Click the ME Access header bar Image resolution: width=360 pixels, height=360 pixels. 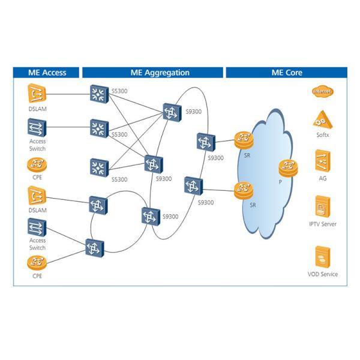tap(47, 73)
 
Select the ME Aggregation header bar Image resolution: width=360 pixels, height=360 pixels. tap(153, 73)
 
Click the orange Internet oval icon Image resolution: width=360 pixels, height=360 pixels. tap(323, 91)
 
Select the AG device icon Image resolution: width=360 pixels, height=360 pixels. tap(323, 162)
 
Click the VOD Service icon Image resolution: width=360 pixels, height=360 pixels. tap(323, 257)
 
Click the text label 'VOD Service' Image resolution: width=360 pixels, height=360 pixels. tap(323, 274)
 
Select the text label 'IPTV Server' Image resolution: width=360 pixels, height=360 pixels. tap(323, 224)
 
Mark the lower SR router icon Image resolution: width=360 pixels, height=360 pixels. tap(244, 191)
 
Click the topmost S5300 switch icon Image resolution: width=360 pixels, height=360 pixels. tap(98, 93)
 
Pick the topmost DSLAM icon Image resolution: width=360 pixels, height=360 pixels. tap(37, 93)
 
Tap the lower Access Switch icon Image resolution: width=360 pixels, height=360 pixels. tap(37, 228)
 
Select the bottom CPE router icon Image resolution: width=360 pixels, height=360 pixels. tap(37, 262)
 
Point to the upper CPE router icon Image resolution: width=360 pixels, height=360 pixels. tap(37, 164)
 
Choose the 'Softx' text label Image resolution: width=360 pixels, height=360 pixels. tap(323, 135)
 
